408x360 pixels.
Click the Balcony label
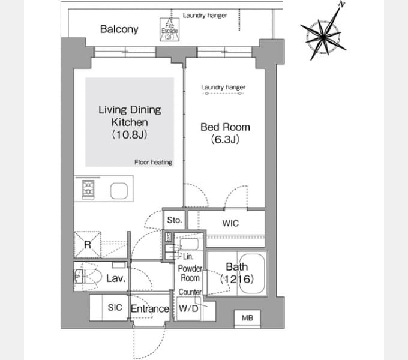pyautogui.click(x=119, y=29)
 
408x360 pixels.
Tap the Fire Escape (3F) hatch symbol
pyautogui.click(x=169, y=29)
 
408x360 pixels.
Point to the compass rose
pyautogui.click(x=323, y=37)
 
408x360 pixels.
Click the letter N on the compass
pyautogui.click(x=342, y=4)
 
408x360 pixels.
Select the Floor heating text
pyautogui.click(x=153, y=163)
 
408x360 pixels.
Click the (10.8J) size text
pyautogui.click(x=130, y=135)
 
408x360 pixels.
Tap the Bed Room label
pyautogui.click(x=225, y=127)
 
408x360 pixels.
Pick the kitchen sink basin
pyautogui.click(x=119, y=191)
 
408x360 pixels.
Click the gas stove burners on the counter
pyautogui.click(x=88, y=188)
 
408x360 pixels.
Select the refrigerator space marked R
pyautogui.click(x=88, y=245)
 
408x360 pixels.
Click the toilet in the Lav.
pyautogui.click(x=88, y=276)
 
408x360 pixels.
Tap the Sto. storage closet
pyautogui.click(x=174, y=220)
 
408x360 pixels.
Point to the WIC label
pyautogui.click(x=230, y=223)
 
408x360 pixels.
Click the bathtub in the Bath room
pyautogui.click(x=252, y=274)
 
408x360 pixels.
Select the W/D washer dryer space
pyautogui.click(x=188, y=309)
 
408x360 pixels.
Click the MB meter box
pyautogui.click(x=247, y=318)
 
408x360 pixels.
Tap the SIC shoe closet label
pyautogui.click(x=115, y=307)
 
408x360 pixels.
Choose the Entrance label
pyautogui.click(x=149, y=309)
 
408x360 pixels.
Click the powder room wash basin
pyautogui.click(x=189, y=244)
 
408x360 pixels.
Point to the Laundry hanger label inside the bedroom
pyautogui.click(x=223, y=87)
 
